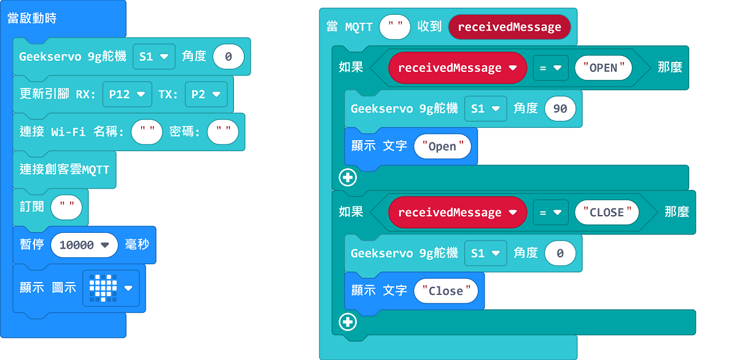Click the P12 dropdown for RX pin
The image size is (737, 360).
click(127, 95)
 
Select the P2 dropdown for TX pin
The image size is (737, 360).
click(206, 95)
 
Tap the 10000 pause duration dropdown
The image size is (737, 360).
click(84, 245)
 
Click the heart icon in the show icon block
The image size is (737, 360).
click(103, 288)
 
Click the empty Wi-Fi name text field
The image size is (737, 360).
click(147, 132)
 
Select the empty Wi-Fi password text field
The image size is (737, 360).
click(223, 132)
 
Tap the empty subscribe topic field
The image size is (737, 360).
click(66, 207)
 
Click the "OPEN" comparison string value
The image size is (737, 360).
click(603, 68)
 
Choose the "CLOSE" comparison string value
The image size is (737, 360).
click(607, 212)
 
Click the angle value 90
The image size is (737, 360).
click(560, 109)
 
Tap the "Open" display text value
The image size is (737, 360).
click(443, 146)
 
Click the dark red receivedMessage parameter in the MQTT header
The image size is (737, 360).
click(509, 27)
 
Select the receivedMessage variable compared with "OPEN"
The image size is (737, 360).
click(458, 68)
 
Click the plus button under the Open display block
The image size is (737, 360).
click(348, 178)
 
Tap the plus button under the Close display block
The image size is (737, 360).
click(348, 322)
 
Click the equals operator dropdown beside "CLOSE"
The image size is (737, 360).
click(550, 212)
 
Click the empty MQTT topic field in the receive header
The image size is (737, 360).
click(395, 27)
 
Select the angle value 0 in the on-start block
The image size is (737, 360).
click(228, 57)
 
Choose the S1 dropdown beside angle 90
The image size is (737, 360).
click(486, 109)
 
